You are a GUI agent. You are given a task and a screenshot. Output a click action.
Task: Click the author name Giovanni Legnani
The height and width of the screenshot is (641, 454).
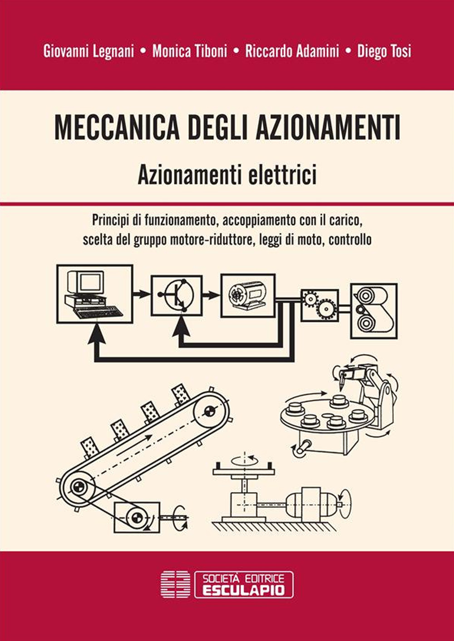click(x=89, y=51)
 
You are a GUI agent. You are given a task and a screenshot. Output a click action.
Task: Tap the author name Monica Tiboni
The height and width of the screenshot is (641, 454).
click(x=190, y=51)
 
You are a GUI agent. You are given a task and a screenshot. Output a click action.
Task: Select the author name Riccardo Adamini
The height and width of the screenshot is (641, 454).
click(x=292, y=51)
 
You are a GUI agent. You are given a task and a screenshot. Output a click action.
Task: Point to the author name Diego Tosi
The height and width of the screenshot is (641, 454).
click(x=384, y=51)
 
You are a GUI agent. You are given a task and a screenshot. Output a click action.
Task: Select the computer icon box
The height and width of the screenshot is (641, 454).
click(x=95, y=294)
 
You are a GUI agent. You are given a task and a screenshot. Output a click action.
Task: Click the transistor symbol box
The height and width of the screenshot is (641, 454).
click(x=177, y=296)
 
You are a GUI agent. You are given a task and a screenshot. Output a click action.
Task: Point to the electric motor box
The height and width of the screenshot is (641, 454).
click(x=248, y=296)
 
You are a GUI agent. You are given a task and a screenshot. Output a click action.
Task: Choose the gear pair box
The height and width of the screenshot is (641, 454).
click(x=320, y=305)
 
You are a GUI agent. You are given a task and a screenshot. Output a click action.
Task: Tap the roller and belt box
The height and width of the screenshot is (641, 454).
click(x=374, y=311)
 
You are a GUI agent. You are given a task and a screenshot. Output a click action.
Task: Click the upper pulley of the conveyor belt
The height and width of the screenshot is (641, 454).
click(x=209, y=412)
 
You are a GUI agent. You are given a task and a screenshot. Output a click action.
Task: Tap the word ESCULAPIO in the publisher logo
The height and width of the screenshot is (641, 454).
click(x=244, y=590)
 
